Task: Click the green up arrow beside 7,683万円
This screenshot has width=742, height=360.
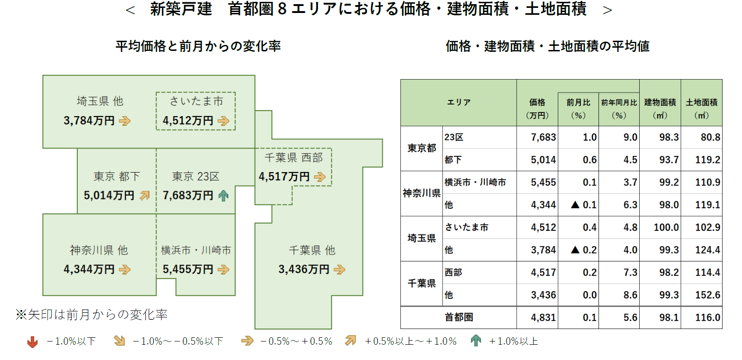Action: pos(224,196)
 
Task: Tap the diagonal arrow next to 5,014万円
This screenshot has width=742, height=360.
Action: pos(145,196)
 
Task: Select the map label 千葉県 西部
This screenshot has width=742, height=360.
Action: pos(293,158)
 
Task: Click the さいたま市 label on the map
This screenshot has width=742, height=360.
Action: pos(196,101)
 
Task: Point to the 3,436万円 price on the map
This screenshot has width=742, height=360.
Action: pos(304,269)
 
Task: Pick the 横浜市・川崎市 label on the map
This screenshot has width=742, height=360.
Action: pos(196,250)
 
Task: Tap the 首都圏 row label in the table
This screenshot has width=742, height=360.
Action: pos(459,317)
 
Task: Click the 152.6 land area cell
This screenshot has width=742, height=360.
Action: pos(708,295)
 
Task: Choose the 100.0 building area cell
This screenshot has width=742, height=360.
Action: pos(666,228)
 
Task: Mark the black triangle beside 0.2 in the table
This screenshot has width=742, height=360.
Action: pos(575,250)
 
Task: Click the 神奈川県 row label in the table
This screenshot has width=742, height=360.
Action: pos(421,193)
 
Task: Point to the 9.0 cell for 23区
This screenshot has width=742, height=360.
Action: pos(630,137)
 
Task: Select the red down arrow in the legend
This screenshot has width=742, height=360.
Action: pos(32,342)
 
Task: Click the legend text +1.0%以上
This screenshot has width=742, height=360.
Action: pos(513,341)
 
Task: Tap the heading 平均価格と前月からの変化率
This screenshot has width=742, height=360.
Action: pos(198,46)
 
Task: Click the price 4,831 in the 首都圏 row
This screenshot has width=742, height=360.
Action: pos(543,318)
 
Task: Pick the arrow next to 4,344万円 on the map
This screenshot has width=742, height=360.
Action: pos(125,269)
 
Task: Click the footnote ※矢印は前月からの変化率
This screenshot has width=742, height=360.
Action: pos(92,315)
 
